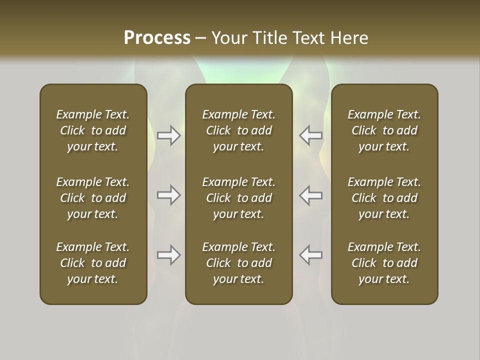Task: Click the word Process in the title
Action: (x=157, y=38)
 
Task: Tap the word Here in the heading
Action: (x=349, y=38)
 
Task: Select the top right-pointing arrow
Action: (x=168, y=135)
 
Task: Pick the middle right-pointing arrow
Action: (x=168, y=195)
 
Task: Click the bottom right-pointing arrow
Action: (x=168, y=255)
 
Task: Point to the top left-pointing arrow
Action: (x=310, y=135)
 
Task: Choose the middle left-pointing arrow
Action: (x=310, y=195)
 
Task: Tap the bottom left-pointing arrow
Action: (x=310, y=255)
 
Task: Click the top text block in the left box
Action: (x=93, y=130)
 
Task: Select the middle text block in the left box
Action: (x=93, y=198)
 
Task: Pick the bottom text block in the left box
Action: (x=93, y=263)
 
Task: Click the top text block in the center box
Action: (x=239, y=130)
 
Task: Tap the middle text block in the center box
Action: (x=239, y=198)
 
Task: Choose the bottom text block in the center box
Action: (x=239, y=263)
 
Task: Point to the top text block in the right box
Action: (x=384, y=130)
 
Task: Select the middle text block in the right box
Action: (x=384, y=198)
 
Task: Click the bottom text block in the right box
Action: (x=384, y=263)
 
